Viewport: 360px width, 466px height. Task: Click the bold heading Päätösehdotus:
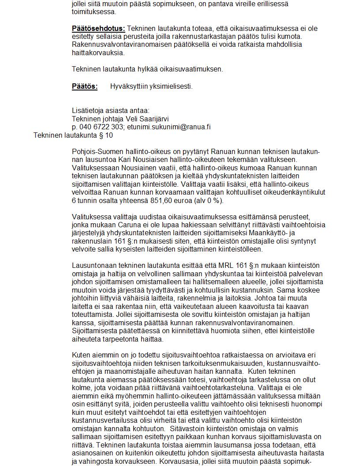pos(98,29)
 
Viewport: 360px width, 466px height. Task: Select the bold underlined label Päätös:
pos(84,86)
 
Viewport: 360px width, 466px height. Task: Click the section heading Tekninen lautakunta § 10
pos(73,135)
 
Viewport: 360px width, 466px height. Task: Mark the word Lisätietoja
pos(88,111)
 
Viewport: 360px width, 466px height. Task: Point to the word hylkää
pos(144,69)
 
